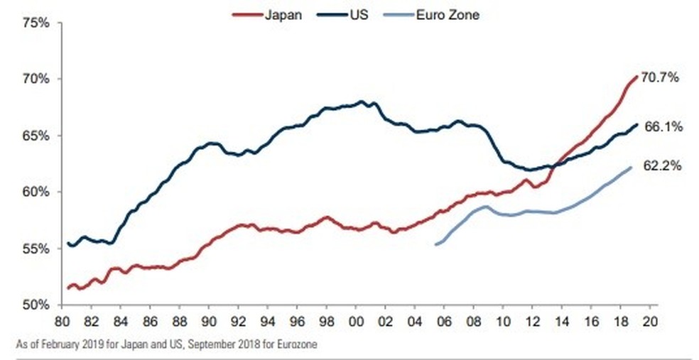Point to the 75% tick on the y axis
click(35, 23)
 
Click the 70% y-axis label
click(35, 79)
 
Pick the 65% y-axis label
click(35, 136)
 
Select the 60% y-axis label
click(35, 192)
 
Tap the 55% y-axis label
click(35, 249)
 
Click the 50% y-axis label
click(35, 305)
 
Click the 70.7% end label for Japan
click(661, 77)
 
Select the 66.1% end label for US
click(663, 127)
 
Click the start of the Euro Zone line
click(436, 244)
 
